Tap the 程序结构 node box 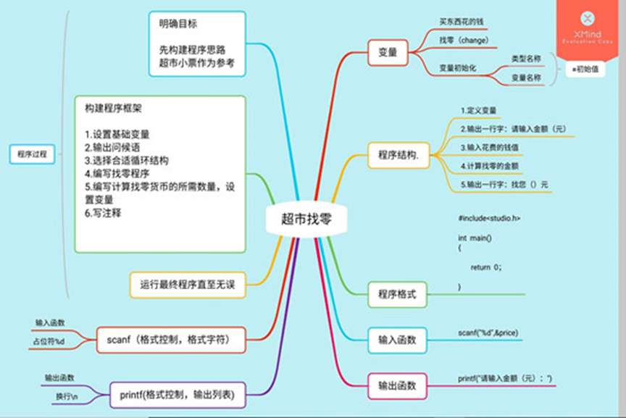398,154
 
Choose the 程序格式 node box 398,294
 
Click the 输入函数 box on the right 398,339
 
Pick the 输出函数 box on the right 398,385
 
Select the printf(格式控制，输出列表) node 176,395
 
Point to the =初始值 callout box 584,70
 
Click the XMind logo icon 588,18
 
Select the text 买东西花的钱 463,22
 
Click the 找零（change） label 464,39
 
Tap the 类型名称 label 526,58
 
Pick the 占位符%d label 49,340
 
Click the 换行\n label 66,398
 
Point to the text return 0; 485,267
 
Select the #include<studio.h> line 489,218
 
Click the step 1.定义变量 478,111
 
